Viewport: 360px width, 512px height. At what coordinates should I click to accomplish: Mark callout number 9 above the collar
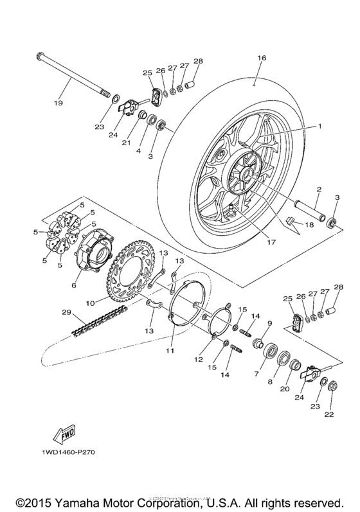[269, 322]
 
